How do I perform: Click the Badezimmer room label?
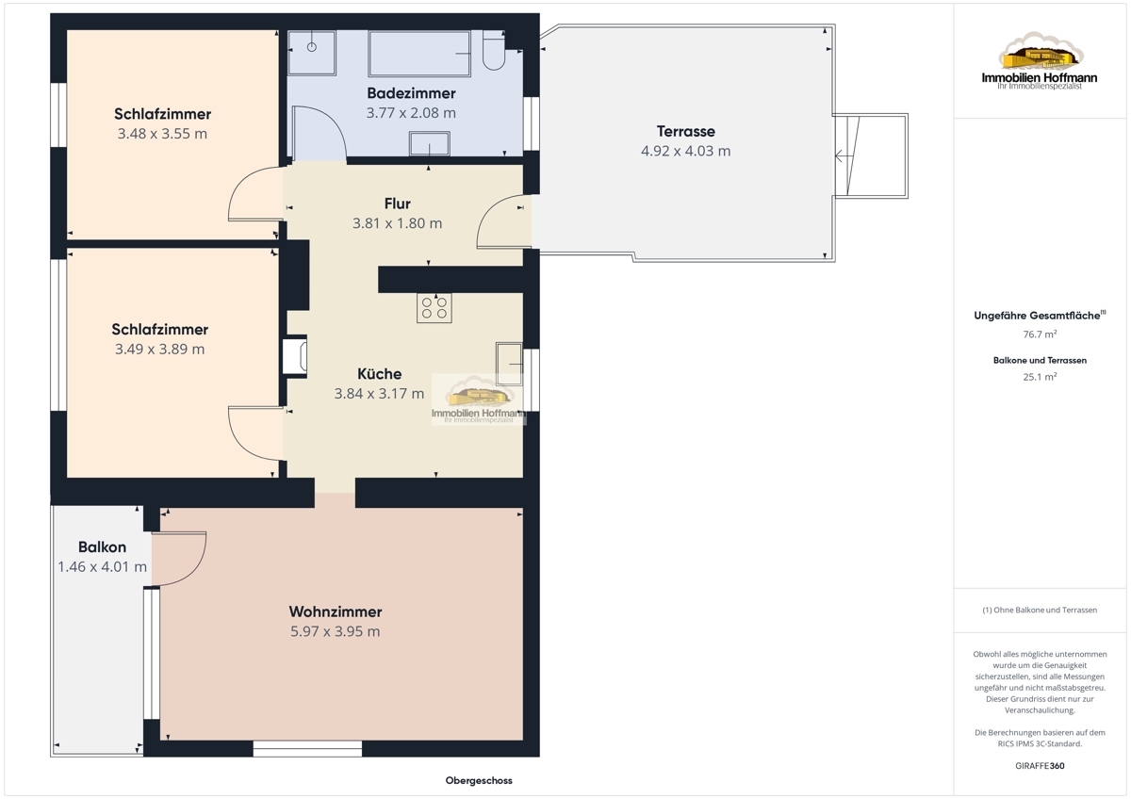(411, 93)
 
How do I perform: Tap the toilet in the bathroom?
(493, 50)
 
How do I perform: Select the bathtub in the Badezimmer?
(419, 54)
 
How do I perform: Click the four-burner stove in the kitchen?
(434, 308)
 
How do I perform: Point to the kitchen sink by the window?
(509, 364)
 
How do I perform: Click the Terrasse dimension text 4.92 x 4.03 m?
(686, 151)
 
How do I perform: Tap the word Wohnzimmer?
(336, 611)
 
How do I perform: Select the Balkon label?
(102, 547)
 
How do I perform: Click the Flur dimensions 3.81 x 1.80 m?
(397, 223)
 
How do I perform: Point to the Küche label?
(379, 374)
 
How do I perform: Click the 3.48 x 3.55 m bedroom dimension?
(162, 134)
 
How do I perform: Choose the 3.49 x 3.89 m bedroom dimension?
(159, 350)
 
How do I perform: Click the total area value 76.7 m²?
(1040, 334)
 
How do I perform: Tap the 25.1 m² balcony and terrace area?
(1040, 377)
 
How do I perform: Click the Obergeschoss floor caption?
(479, 780)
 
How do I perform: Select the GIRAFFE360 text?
(1040, 766)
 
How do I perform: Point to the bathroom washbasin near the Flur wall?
(429, 144)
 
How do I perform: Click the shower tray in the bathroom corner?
(312, 53)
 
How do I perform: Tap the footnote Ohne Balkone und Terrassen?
(1040, 610)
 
